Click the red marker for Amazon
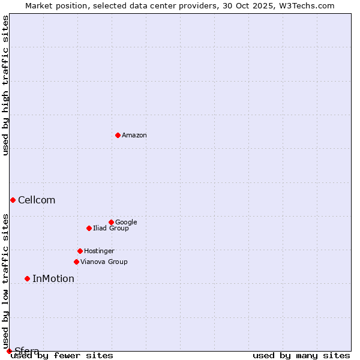point(118,135)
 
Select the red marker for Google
point(111,222)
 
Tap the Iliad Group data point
point(89,228)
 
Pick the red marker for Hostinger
point(80,251)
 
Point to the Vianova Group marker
point(76,262)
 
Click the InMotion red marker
point(27,278)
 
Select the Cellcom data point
point(13,200)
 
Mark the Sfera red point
point(9,351)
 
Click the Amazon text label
point(134,136)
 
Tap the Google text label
point(126,223)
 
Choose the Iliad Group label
point(111,229)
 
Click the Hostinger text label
point(99,251)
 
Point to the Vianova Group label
point(104,262)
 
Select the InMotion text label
point(53,279)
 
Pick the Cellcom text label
point(37,200)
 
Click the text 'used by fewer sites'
point(62,356)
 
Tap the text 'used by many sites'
point(301,356)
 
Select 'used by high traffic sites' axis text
point(5,85)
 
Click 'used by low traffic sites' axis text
point(5,281)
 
